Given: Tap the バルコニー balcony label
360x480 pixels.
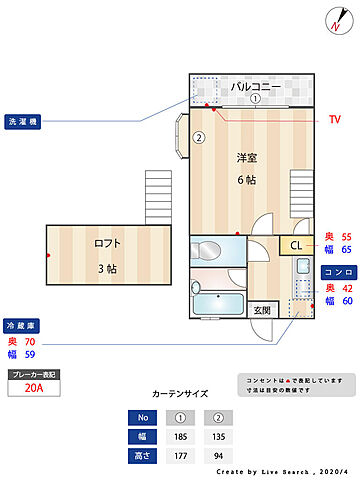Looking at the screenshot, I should tap(256, 86).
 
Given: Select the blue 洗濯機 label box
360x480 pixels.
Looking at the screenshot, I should tap(22, 121).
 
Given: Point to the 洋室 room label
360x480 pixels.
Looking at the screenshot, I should tap(247, 158).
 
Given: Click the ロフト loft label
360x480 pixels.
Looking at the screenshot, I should tap(107, 243).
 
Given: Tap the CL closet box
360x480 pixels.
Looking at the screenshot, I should tap(296, 246).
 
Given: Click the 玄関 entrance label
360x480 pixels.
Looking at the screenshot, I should tap(260, 310).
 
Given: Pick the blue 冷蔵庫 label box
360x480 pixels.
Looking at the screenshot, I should tap(22, 325).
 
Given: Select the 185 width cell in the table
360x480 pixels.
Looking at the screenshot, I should tap(181, 436).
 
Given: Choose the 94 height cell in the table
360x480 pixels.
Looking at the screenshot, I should tap(219, 455).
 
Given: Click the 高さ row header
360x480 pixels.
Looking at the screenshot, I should tap(142, 455).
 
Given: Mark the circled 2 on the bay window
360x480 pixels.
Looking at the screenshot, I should tap(199, 138).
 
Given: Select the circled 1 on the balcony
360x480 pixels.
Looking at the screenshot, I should tap(255, 99).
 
